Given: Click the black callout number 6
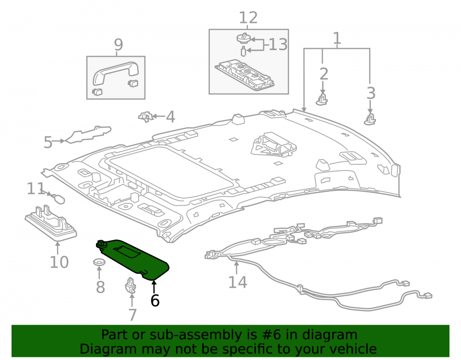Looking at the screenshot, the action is [155, 301].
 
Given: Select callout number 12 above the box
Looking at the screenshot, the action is [248, 18].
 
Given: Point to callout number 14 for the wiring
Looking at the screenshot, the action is [237, 282].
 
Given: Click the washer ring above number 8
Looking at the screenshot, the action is [100, 262].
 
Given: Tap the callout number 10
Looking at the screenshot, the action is [59, 262].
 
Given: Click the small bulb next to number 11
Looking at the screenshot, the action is [58, 198].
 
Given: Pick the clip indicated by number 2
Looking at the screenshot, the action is [322, 100].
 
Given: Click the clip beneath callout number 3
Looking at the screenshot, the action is [370, 119].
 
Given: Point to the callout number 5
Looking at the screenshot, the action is [48, 142].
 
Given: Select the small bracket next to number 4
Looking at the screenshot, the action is [146, 117].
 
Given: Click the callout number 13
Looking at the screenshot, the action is [278, 45].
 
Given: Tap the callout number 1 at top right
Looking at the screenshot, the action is [337, 38].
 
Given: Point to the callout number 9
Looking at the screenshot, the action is [118, 45].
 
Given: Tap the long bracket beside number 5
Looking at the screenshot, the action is [88, 135].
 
